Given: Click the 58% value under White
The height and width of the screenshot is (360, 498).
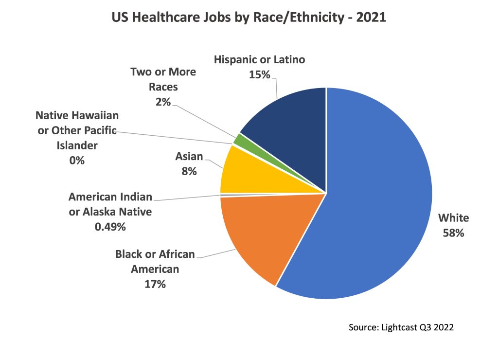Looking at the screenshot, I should pyautogui.click(x=453, y=233).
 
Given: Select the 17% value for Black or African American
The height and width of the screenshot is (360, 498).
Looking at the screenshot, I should pyautogui.click(x=155, y=284).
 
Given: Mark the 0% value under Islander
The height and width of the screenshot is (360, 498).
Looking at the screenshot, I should pyautogui.click(x=77, y=160).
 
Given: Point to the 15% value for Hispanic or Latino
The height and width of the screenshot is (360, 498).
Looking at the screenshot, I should pyautogui.click(x=259, y=75).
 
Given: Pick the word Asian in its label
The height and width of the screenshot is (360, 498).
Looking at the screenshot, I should pyautogui.click(x=189, y=157).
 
